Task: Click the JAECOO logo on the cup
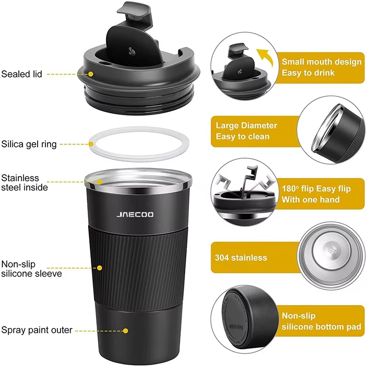[135, 214]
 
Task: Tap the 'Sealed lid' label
[22, 73]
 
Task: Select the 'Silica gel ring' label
[29, 144]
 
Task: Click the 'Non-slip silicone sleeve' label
[31, 269]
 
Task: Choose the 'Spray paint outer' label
[36, 330]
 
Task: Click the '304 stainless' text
[241, 257]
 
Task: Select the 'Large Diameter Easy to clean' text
[246, 131]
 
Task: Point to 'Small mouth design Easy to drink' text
[321, 67]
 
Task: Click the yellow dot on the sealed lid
[91, 73]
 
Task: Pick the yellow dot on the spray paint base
[125, 330]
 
